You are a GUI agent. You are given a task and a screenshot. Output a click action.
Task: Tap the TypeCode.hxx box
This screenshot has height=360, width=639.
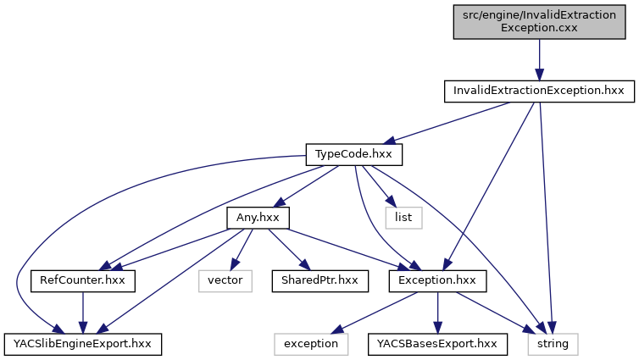pos(353,155)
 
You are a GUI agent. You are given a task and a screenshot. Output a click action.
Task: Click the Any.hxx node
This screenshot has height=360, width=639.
pos(258,218)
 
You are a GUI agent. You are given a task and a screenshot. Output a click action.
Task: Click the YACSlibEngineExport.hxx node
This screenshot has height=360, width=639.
pos(82,343)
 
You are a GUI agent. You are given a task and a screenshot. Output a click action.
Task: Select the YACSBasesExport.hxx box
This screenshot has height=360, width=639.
pos(436,343)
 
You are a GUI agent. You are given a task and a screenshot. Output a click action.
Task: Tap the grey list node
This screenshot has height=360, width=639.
pos(403,218)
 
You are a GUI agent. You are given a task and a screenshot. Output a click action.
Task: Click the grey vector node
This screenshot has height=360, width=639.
pos(225,280)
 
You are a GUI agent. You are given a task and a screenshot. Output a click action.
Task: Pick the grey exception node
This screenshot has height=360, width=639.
pos(310,343)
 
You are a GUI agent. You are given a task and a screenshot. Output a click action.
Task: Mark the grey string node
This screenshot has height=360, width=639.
pos(553,343)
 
